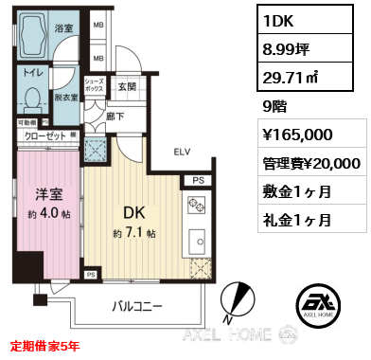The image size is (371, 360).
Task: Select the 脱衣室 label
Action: pos(65,97)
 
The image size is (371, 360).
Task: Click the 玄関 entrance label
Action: pos(128,87)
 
